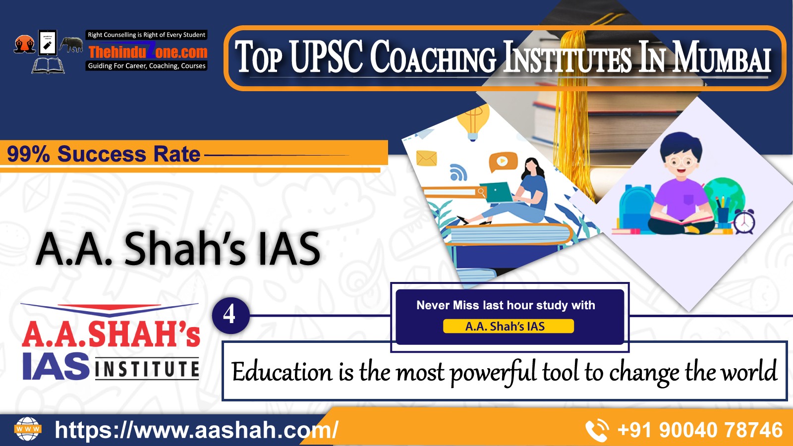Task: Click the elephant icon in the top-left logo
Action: pyautogui.click(x=71, y=45)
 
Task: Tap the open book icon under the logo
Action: pyautogui.click(x=48, y=66)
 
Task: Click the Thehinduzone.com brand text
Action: pyautogui.click(x=148, y=52)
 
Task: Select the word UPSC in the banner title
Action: pyautogui.click(x=327, y=56)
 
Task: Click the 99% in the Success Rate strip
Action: pyautogui.click(x=28, y=154)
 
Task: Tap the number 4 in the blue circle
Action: pyautogui.click(x=229, y=314)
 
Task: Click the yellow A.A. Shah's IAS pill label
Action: pyautogui.click(x=508, y=326)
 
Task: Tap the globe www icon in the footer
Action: pyautogui.click(x=28, y=429)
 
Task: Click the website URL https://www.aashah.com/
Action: pyautogui.click(x=196, y=430)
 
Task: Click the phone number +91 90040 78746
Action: pyautogui.click(x=700, y=430)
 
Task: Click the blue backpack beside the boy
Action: pyautogui.click(x=636, y=207)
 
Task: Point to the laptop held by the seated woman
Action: pyautogui.click(x=496, y=192)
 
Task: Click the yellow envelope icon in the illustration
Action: pyautogui.click(x=427, y=158)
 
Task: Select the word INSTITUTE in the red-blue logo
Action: pyautogui.click(x=147, y=369)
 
